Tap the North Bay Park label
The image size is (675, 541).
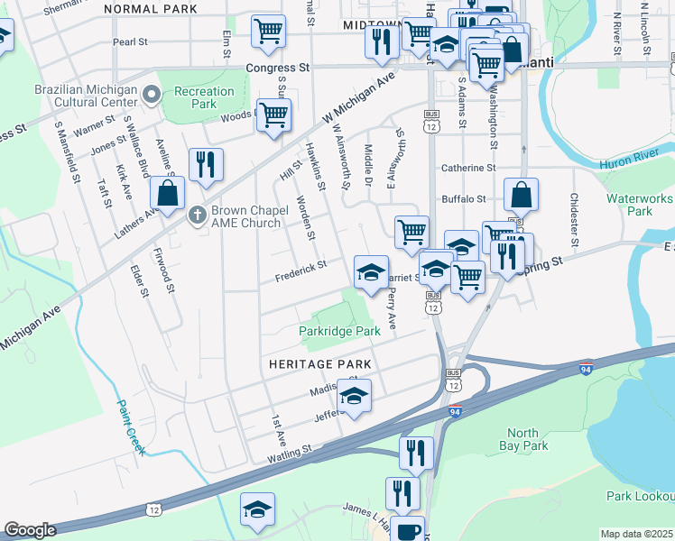(x=523, y=439)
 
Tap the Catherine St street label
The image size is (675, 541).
(x=468, y=168)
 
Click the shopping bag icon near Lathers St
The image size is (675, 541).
(x=168, y=192)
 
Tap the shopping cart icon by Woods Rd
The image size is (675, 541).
(x=273, y=115)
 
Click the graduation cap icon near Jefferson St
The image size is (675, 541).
(x=355, y=395)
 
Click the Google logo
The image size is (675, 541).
(x=31, y=531)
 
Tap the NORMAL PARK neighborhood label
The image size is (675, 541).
(x=151, y=9)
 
